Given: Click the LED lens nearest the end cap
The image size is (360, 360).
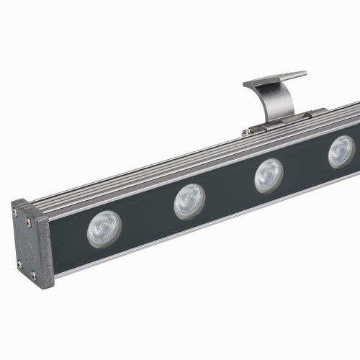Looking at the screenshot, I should [x=104, y=228].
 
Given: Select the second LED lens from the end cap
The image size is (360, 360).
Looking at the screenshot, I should [x=189, y=200].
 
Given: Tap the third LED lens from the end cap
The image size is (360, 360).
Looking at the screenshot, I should [x=268, y=174].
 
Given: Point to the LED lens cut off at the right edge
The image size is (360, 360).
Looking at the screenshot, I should [x=341, y=151].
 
